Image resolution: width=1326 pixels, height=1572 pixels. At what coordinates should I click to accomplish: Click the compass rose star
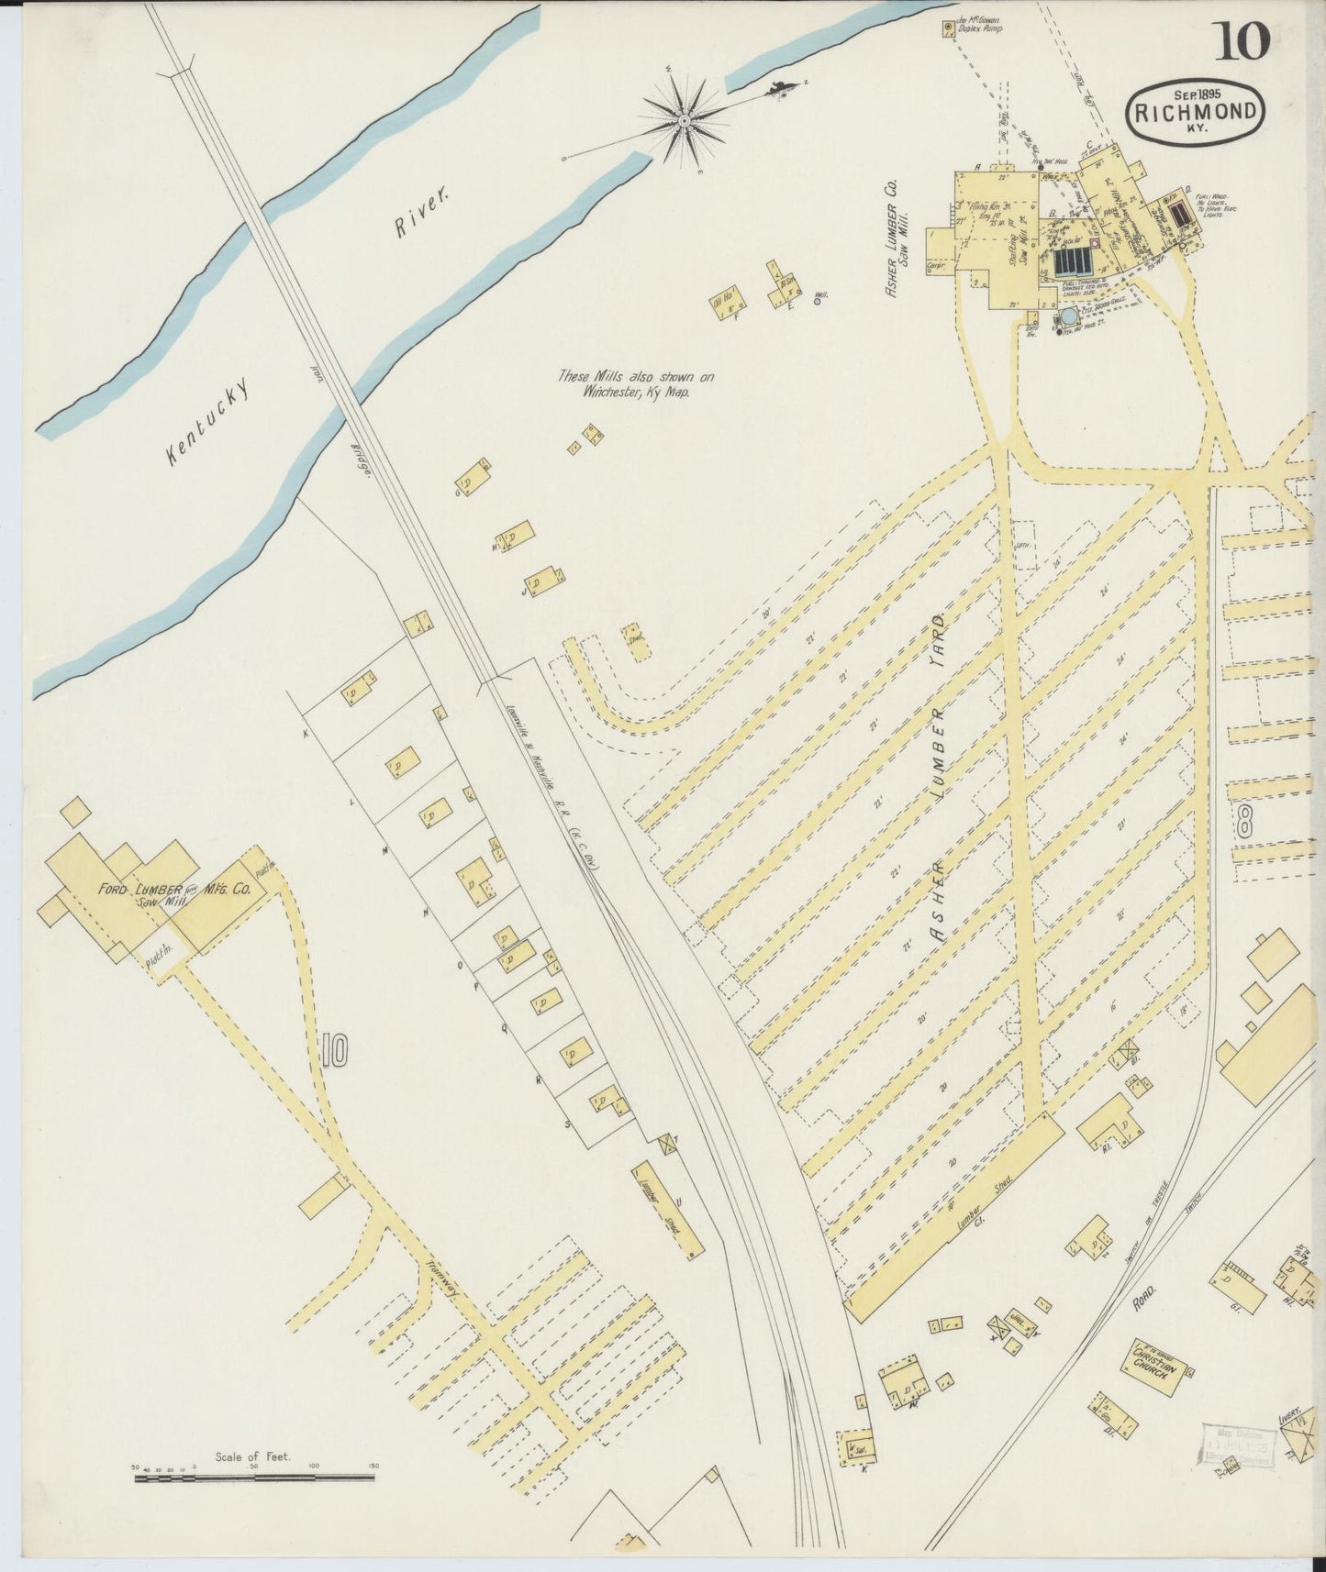(685, 120)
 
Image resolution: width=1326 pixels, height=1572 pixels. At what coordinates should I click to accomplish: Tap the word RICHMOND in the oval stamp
(1196, 113)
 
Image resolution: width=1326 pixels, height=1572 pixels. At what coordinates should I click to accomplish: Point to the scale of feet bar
(256, 1478)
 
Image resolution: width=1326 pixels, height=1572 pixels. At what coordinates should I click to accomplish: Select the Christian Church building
(1153, 1366)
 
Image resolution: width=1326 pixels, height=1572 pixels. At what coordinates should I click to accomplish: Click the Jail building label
(1017, 1326)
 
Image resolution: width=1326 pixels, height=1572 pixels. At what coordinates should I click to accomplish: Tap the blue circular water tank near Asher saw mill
(1068, 317)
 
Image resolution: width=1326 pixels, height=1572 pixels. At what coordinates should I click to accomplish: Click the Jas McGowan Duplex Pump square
(948, 29)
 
